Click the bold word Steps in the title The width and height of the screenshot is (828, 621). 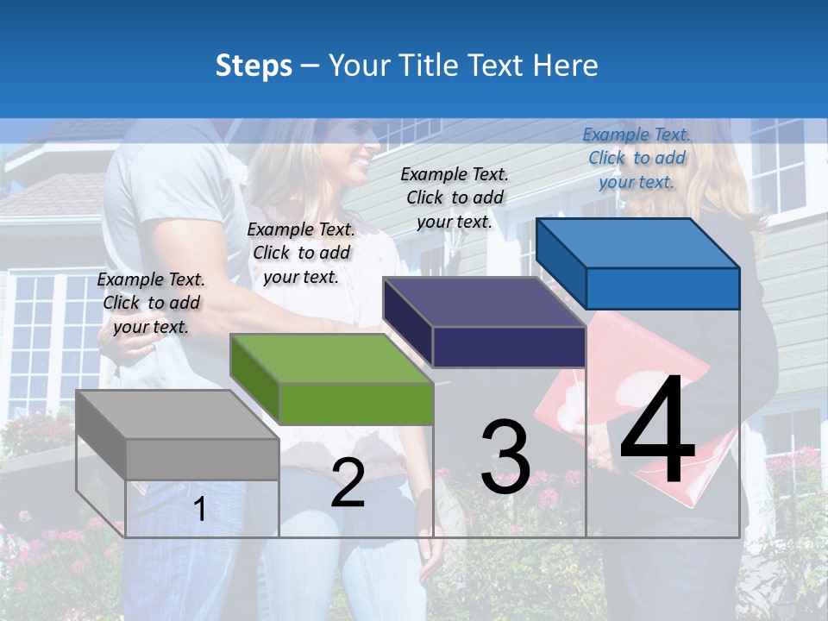pos(254,66)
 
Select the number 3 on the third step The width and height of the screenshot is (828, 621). pos(505,457)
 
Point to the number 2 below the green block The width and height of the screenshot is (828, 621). pos(348,483)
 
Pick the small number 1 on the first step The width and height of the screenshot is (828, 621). pos(199,509)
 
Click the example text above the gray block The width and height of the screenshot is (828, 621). pos(151,303)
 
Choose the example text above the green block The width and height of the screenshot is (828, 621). pos(301,253)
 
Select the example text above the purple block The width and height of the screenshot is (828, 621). pos(455,198)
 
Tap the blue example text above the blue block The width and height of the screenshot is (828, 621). pos(637,158)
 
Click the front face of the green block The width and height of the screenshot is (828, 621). pos(356,404)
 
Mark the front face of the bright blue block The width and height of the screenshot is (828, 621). pos(662,288)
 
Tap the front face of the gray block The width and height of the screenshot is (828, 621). pos(202,459)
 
